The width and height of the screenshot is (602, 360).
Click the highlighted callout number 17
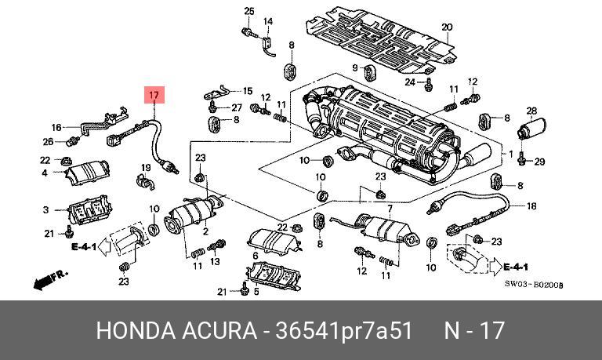[154, 96]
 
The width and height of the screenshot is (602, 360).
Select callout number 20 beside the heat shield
[447, 28]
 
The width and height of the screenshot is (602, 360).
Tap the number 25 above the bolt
[249, 10]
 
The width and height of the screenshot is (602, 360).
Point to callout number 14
[267, 21]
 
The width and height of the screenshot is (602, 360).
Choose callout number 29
[539, 162]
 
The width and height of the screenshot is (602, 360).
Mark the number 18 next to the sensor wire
[531, 206]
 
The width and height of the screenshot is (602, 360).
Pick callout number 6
[255, 256]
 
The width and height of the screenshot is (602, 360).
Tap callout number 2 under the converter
[205, 231]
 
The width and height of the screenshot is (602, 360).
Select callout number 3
[45, 209]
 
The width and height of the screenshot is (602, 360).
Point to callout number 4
[45, 173]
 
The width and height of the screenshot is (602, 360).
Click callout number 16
[56, 127]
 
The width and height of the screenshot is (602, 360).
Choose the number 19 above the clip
[146, 167]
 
